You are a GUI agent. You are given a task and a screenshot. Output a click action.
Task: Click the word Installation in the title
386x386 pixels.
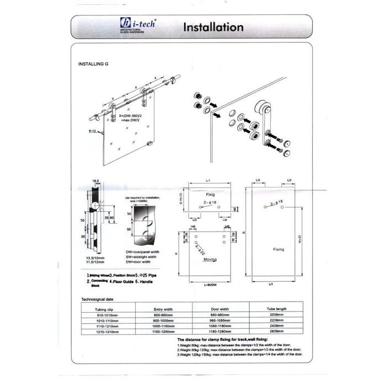point(212,27)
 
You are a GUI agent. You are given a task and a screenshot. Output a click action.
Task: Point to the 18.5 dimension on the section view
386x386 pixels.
point(95,180)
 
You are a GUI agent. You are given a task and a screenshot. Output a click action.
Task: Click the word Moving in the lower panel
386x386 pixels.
point(210,259)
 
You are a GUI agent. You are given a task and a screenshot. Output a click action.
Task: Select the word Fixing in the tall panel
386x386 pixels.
point(278,250)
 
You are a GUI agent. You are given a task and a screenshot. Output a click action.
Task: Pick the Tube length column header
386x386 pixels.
point(275,309)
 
